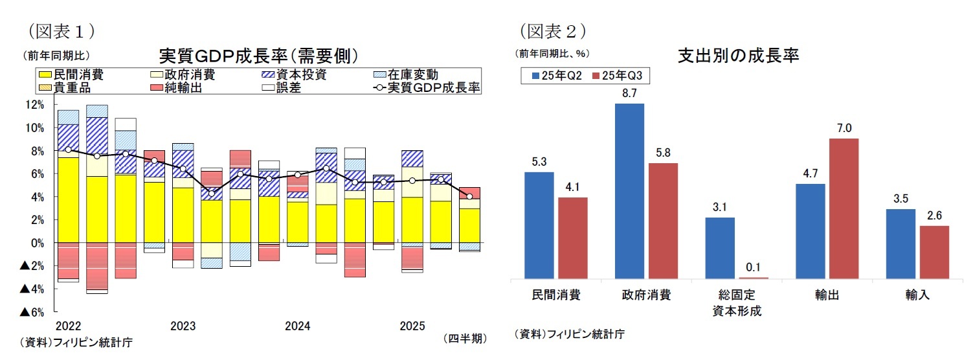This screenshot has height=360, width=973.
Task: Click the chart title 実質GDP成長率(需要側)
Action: click(258, 56)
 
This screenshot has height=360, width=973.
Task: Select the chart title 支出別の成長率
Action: click(737, 56)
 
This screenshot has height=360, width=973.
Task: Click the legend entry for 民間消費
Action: click(74, 75)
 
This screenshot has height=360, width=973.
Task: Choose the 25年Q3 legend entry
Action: click(619, 76)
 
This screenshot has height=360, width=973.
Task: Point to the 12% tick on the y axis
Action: click(34, 104)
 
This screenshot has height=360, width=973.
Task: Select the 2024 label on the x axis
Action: click(297, 326)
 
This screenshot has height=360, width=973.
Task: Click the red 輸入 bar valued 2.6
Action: click(934, 253)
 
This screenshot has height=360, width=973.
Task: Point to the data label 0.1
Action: click(753, 267)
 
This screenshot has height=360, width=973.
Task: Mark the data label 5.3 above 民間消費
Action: click(539, 162)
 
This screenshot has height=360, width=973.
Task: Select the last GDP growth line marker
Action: click(469, 196)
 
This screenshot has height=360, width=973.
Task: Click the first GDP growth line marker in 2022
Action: click(68, 150)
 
